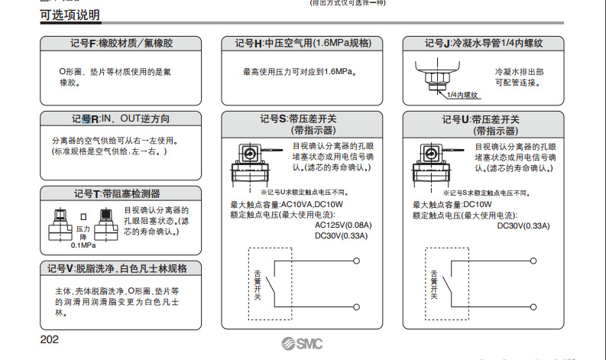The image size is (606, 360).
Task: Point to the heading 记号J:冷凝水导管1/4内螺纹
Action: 483,44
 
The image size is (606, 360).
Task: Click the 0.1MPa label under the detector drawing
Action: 83,245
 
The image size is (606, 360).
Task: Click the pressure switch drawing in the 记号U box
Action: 437,162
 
